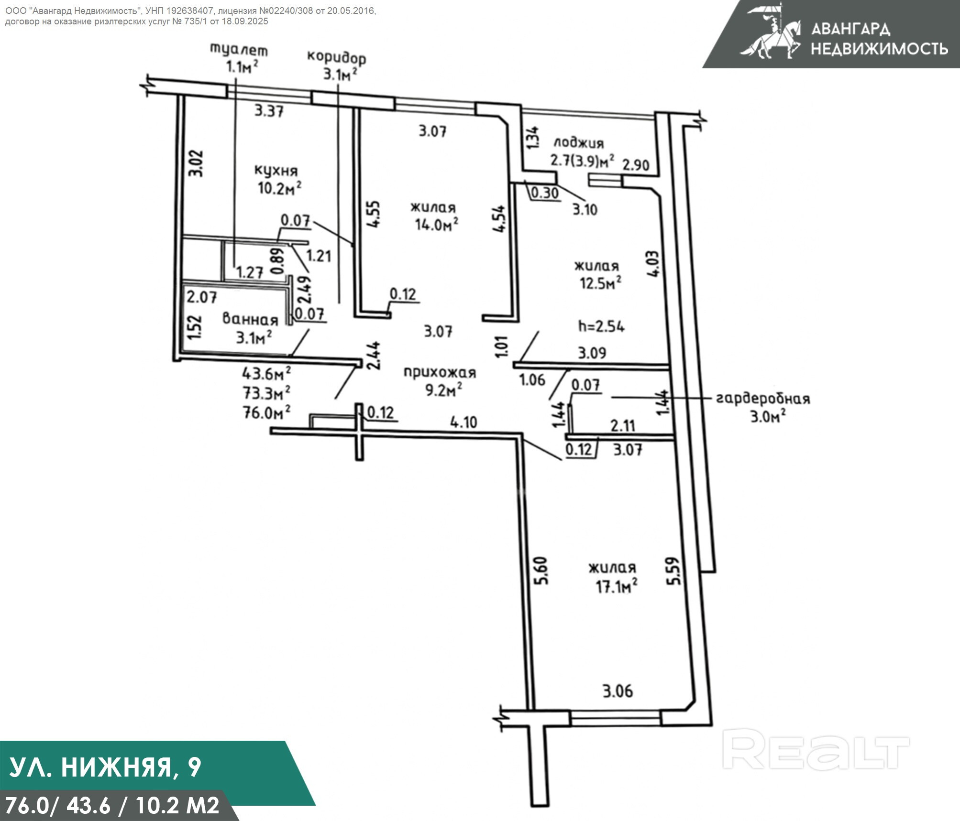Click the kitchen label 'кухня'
(276, 171)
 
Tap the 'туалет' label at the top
(239, 50)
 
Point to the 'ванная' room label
(250, 319)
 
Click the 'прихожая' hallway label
(440, 372)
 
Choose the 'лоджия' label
(578, 142)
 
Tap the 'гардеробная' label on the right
(762, 399)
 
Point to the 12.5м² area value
(600, 283)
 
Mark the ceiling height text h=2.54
(601, 326)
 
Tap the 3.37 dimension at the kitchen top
(269, 111)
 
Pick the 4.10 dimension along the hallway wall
(463, 422)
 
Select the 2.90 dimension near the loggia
(636, 165)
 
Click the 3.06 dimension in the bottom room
(618, 691)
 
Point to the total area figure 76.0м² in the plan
(267, 412)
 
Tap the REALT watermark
(815, 755)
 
